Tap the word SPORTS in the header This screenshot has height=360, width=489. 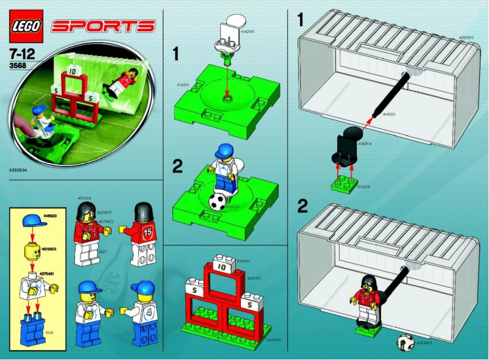(103, 26)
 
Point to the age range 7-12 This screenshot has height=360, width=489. (20, 52)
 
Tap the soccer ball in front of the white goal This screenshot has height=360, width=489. (405, 342)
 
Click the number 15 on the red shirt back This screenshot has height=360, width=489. (148, 232)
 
